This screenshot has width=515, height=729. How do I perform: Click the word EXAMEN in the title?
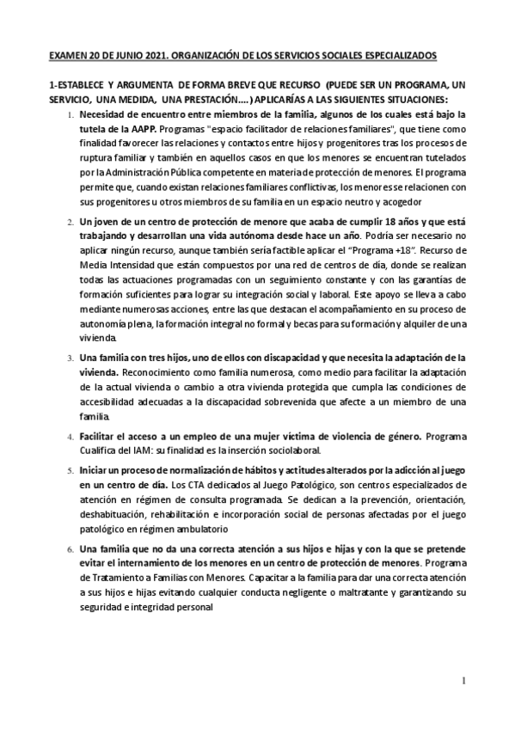(x=67, y=54)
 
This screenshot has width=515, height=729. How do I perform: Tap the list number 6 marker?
(x=70, y=548)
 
